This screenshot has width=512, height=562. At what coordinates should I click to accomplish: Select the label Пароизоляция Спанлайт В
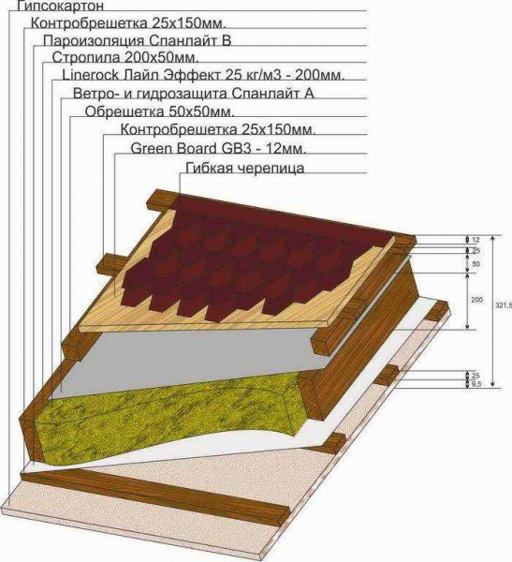click(137, 41)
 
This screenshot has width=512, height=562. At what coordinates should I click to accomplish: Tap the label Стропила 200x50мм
click(125, 58)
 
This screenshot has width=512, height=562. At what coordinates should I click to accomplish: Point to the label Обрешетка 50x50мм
click(160, 111)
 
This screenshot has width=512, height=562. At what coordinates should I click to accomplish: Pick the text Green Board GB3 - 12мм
click(218, 148)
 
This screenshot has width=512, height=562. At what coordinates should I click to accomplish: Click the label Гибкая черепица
click(245, 168)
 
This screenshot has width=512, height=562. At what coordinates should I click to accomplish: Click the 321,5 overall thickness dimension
click(506, 304)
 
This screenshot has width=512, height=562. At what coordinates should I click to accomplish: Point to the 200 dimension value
click(476, 300)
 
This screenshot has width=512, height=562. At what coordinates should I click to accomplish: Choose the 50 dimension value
click(476, 264)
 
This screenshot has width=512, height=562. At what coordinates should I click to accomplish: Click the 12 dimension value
click(475, 240)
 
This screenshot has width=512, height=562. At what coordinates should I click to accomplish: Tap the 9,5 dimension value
click(476, 384)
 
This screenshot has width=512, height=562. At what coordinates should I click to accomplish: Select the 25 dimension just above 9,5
click(475, 376)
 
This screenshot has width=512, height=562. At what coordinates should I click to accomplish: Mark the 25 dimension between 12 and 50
click(476, 251)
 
